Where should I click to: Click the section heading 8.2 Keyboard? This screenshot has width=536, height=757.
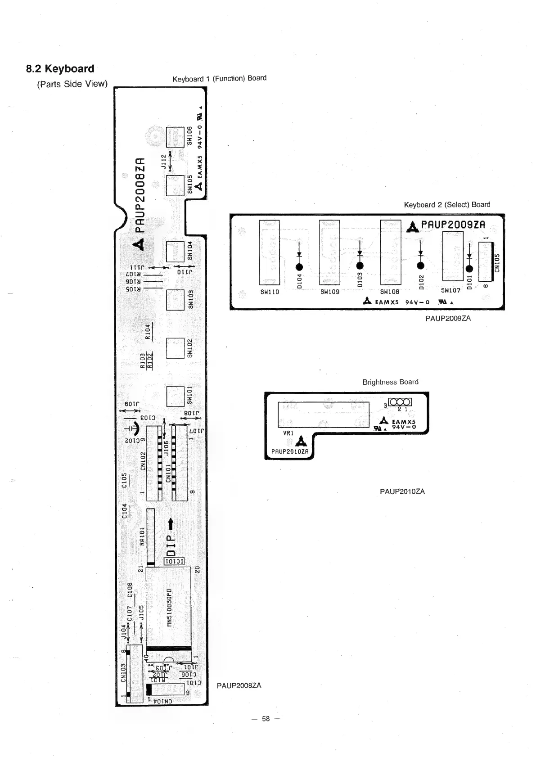point(60,69)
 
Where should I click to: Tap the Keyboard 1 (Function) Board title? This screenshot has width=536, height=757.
point(219,78)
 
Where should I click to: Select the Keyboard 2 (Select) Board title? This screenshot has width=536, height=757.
point(446,204)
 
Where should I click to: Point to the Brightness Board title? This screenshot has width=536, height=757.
point(390,382)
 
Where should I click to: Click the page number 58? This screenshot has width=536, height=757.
point(266,719)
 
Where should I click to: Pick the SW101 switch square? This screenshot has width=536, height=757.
point(175,397)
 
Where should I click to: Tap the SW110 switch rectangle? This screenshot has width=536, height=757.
point(269,252)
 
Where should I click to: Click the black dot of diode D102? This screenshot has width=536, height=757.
point(421,266)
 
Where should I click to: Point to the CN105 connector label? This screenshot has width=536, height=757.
point(497,263)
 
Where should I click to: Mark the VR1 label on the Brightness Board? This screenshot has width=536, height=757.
point(288,433)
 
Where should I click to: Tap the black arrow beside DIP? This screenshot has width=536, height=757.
point(171,524)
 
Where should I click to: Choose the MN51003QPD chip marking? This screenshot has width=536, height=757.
point(169,607)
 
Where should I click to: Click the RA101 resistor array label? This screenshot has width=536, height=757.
point(142,536)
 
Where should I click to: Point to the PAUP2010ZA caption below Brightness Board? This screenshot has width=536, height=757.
point(402,491)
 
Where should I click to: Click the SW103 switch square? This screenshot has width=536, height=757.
point(175,300)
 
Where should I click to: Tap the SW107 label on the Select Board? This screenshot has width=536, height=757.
point(450,291)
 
